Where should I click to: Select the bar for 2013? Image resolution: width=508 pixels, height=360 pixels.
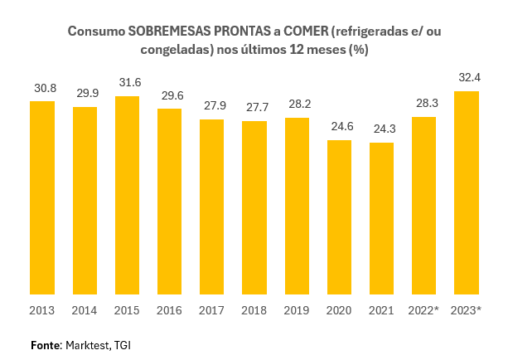42,197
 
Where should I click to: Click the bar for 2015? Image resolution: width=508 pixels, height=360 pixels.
127,195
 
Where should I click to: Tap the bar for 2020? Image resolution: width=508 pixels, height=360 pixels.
339,217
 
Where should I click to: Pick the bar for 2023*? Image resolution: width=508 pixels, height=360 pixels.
467,192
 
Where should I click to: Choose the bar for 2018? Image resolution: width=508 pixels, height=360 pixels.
254,207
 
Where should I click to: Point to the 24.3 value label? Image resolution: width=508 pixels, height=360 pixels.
382,129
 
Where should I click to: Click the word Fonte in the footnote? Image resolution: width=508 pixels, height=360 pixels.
46,344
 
